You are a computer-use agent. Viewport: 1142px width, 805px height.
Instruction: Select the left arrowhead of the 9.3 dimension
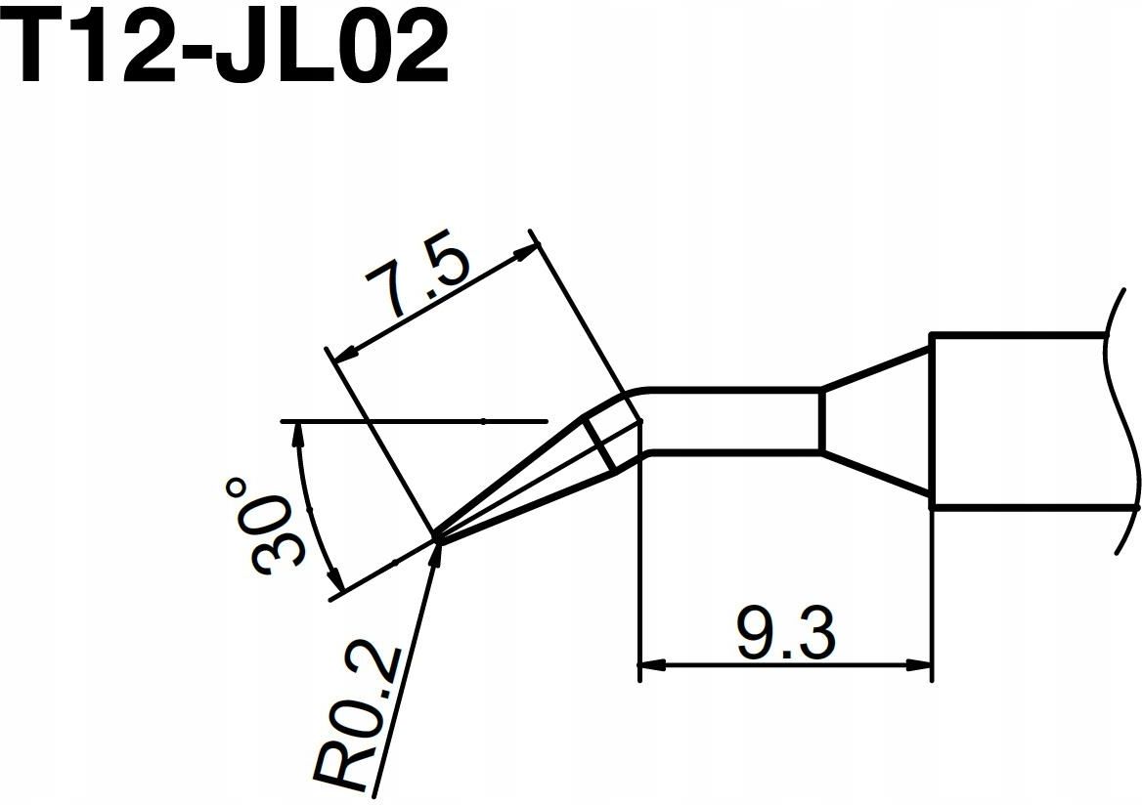[x=650, y=666]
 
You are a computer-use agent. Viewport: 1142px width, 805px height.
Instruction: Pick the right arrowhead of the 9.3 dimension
[x=919, y=666]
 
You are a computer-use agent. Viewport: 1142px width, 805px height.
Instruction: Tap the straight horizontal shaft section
[x=728, y=421]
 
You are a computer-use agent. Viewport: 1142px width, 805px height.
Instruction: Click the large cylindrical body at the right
[x=1017, y=421]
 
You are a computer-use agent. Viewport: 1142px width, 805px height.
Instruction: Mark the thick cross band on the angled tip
[x=602, y=444]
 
